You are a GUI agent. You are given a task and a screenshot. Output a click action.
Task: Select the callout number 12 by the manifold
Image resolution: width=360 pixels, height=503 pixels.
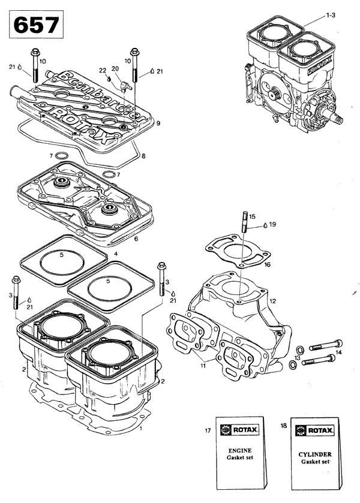pyautogui.click(x=272, y=300)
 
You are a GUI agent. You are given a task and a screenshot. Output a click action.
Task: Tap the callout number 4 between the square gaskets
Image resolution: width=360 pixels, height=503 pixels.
pyautogui.click(x=116, y=254)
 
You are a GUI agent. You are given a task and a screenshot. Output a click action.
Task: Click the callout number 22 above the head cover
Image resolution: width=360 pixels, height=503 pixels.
pyautogui.click(x=102, y=71)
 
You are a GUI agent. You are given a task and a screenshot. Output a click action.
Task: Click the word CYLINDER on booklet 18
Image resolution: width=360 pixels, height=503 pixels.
pyautogui.click(x=312, y=454)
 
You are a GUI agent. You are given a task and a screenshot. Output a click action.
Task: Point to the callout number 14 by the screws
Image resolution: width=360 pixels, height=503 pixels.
pyautogui.click(x=338, y=353)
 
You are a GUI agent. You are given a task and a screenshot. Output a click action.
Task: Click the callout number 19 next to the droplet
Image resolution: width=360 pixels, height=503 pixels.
pyautogui.click(x=273, y=224)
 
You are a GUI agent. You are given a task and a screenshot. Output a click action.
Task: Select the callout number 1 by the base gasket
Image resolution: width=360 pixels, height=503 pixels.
pyautogui.click(x=140, y=429)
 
